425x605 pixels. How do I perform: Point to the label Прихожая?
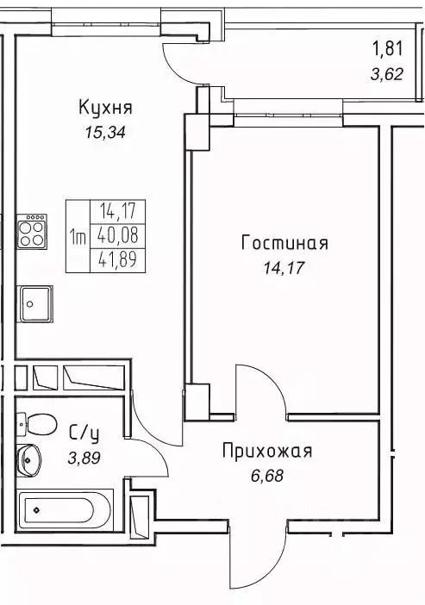pyautogui.click(x=266, y=451)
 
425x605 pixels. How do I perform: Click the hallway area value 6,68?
pyautogui.click(x=266, y=473)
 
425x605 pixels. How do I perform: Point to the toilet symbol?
pyautogui.click(x=35, y=423)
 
